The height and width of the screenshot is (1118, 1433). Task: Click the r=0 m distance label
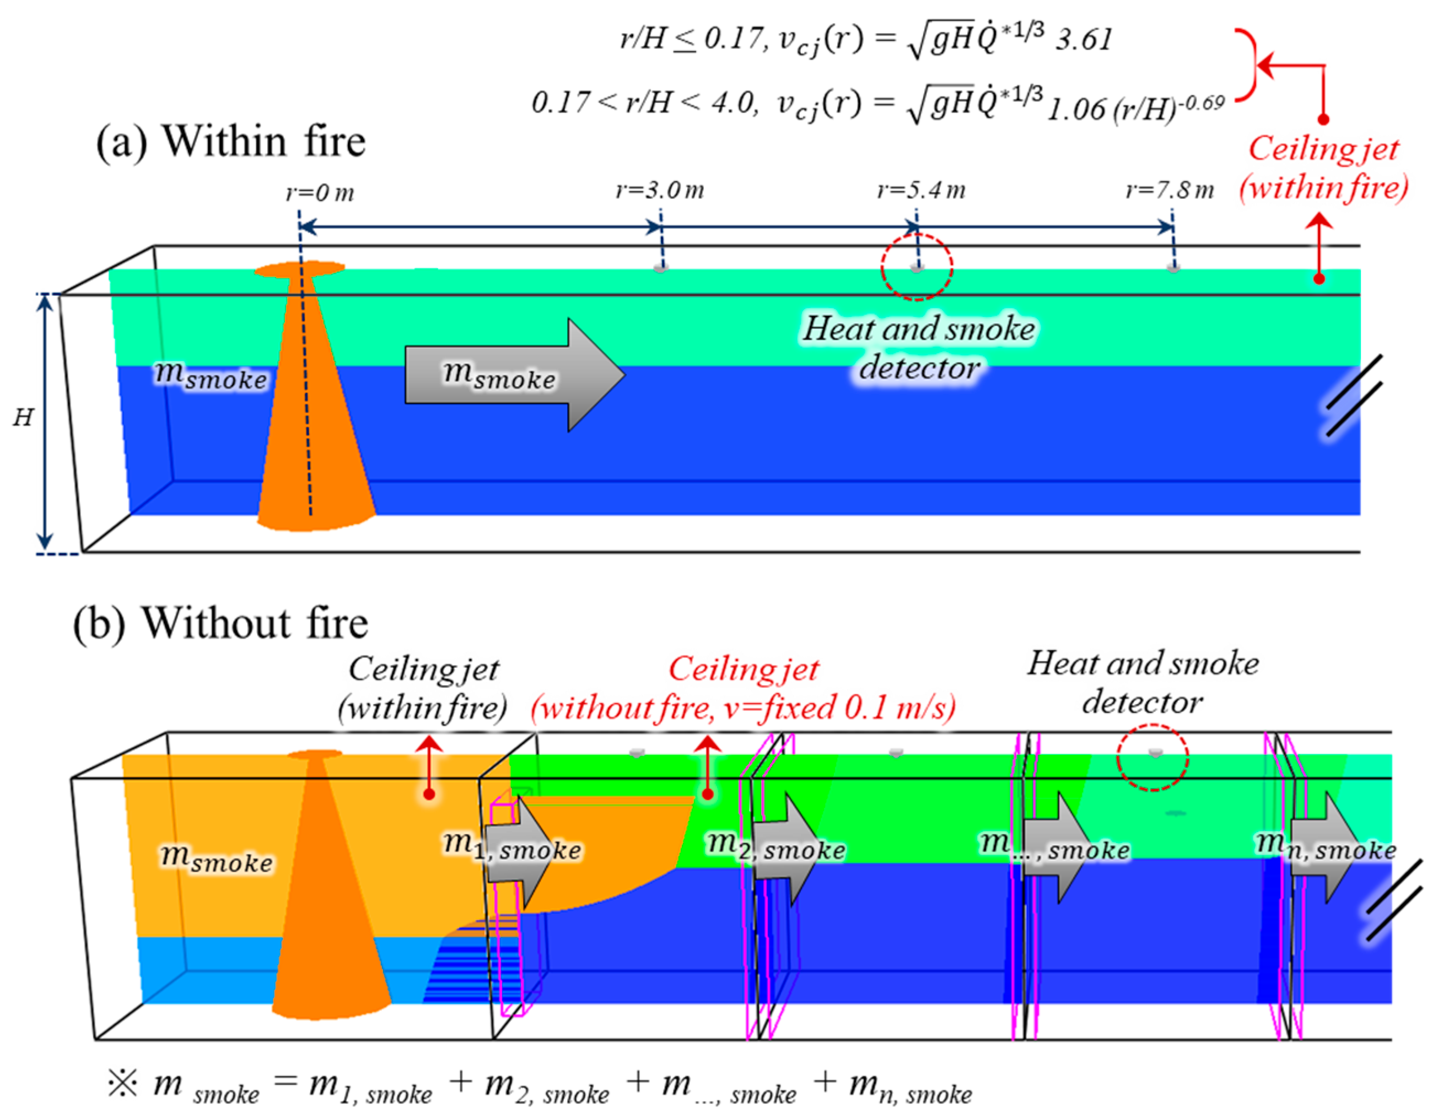(320, 193)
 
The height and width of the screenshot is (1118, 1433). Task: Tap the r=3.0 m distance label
(659, 190)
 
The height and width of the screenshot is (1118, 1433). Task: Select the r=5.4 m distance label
(921, 190)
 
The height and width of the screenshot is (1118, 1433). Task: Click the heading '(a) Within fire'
(230, 142)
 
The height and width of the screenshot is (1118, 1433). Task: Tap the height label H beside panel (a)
(23, 417)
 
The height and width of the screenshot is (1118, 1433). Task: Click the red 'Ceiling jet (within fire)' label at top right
(1323, 168)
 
